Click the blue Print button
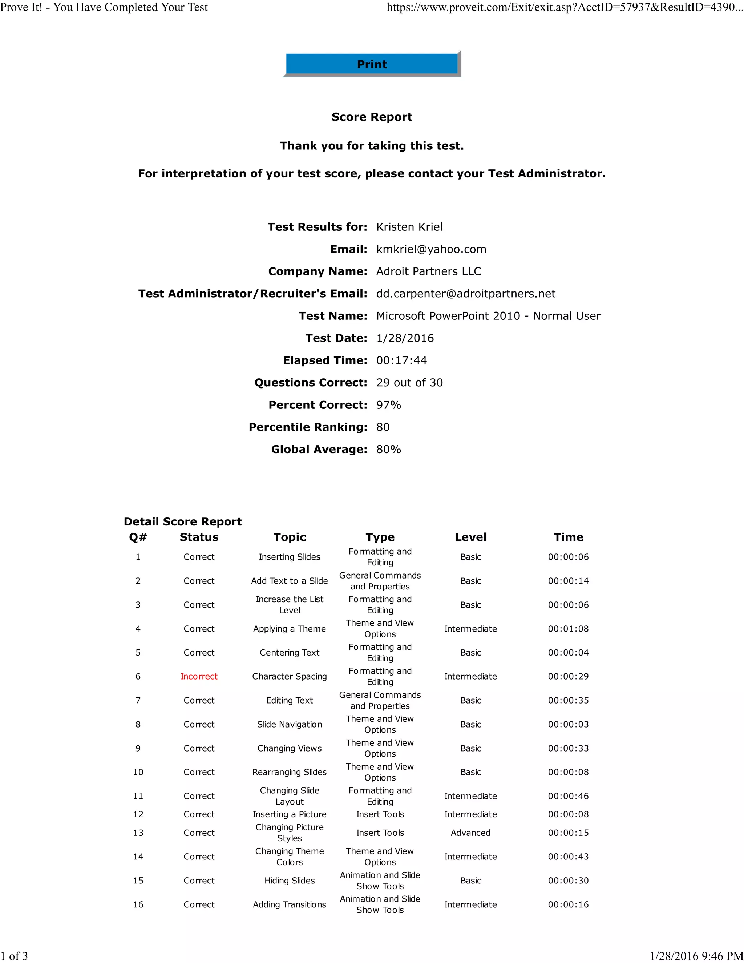point(372,64)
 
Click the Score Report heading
point(372,117)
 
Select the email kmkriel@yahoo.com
point(431,249)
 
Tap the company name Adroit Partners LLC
point(428,271)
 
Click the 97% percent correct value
point(388,405)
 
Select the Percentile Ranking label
point(308,427)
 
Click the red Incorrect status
point(199,676)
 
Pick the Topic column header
point(289,537)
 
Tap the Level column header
point(470,537)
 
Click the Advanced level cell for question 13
point(470,833)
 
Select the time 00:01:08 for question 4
point(568,629)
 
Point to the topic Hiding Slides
point(289,881)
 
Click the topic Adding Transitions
point(289,904)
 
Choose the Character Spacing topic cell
point(289,676)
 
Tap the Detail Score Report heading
point(182,521)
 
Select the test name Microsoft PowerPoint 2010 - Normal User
point(488,316)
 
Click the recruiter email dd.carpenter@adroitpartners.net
point(465,294)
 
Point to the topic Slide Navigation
point(289,725)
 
